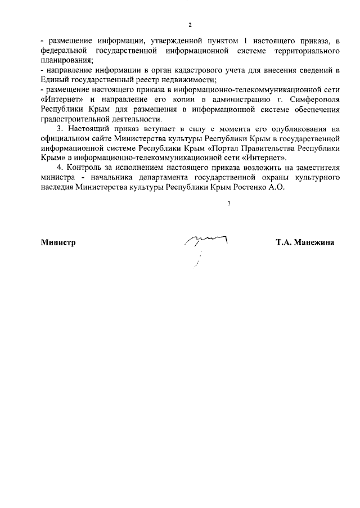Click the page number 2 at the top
(x=190, y=25)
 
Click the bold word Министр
(x=58, y=242)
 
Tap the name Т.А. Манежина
(x=305, y=242)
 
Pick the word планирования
(x=67, y=60)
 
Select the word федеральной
(x=63, y=51)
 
